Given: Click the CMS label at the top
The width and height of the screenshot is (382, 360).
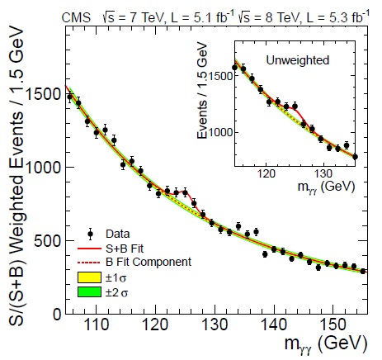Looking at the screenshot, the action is pos(76,18).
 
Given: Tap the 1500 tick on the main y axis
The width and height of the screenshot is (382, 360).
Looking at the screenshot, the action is pos(42,94).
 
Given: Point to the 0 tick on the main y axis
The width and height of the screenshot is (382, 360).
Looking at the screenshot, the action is pos(57,314).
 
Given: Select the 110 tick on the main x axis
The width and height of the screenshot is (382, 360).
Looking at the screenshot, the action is pos(96,324).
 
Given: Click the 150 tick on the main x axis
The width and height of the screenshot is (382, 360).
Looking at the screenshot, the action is pos(332,324).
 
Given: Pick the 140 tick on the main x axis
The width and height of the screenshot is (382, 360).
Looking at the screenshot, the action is pos(274,324).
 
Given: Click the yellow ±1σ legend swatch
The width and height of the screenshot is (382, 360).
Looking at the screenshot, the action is pos(89,277).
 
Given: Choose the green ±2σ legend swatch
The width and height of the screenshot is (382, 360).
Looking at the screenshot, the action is pos(89,291).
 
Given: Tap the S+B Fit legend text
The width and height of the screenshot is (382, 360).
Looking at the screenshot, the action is pos(125,249).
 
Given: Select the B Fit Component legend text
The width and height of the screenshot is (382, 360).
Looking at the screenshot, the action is pos(149,262).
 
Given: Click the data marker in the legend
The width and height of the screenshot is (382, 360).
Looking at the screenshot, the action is pos(90,234).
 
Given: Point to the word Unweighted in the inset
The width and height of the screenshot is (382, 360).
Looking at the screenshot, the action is pos(298,60).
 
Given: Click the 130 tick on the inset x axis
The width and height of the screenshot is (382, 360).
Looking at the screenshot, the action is pos(323,174).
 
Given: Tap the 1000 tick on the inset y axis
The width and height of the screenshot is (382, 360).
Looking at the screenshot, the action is pos(220,132).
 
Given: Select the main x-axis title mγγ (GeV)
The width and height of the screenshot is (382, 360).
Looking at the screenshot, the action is pos(326,343).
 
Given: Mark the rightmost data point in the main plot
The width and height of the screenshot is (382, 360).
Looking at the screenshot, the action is pos(363,271).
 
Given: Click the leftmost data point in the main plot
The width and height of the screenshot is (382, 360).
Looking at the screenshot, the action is pos(70,97).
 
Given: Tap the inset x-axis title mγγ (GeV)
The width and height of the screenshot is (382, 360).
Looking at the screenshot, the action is pos(327,187).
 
